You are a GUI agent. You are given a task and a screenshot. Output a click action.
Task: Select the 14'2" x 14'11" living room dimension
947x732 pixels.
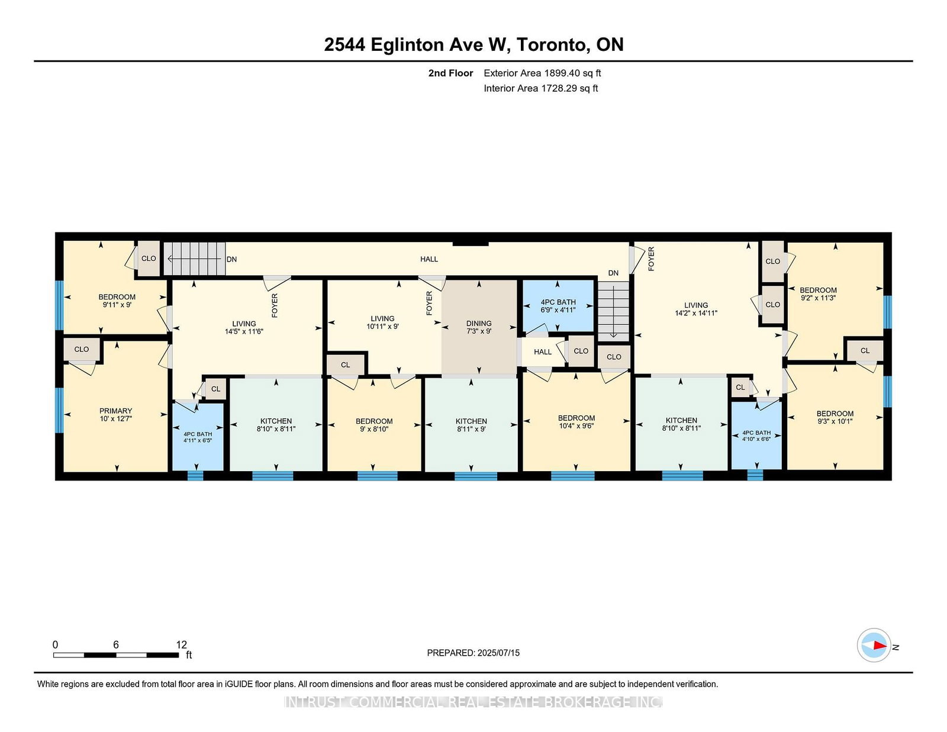[696, 313]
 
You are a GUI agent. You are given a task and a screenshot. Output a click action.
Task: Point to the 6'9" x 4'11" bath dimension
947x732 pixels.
[558, 310]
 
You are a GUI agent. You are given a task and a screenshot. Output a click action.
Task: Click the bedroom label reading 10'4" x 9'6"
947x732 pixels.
[576, 422]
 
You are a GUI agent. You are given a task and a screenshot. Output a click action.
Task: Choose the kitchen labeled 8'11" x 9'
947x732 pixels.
[471, 425]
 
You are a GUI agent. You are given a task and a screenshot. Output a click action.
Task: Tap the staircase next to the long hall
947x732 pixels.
[194, 259]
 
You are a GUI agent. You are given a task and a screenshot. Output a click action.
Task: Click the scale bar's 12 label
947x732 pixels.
[181, 644]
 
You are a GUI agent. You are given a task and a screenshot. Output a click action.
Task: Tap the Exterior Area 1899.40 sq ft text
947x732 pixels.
[542, 73]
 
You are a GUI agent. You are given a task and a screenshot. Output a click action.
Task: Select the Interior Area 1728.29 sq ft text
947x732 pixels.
[541, 88]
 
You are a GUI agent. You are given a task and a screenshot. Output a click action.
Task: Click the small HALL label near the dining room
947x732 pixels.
[543, 352]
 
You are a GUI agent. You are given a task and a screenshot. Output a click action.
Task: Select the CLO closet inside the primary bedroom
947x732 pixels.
[82, 350]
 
